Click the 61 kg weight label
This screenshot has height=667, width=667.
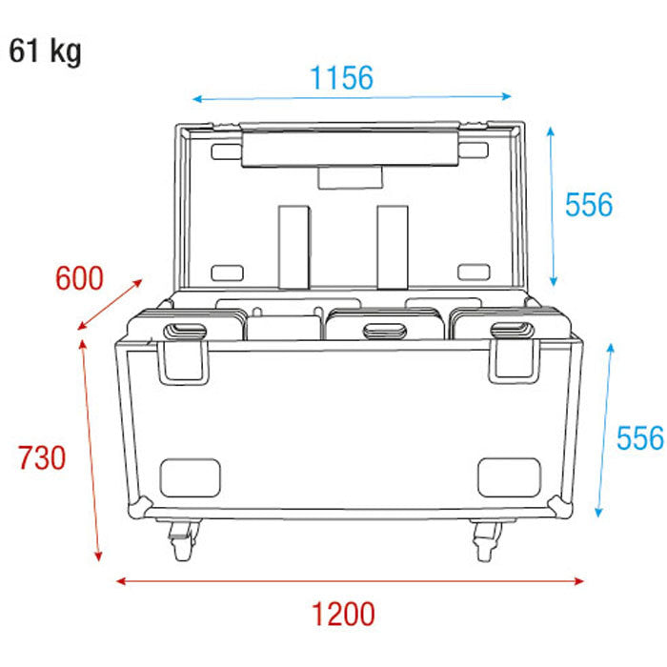[x=45, y=51]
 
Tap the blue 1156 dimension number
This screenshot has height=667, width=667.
[x=341, y=78]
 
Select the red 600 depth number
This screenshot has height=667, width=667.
[x=78, y=279]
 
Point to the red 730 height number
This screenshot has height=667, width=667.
[x=42, y=458]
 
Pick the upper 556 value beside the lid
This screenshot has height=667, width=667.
[x=588, y=204]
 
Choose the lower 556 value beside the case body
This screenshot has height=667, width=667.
[x=637, y=438]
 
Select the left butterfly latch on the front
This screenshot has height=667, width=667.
[x=184, y=352]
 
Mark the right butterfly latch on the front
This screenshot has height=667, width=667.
[x=514, y=352]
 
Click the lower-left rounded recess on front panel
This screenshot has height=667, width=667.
[x=191, y=476]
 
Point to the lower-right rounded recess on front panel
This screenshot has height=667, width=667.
[x=509, y=476]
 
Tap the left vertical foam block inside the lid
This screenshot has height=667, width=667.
[x=294, y=245]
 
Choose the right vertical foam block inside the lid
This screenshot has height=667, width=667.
[x=392, y=245]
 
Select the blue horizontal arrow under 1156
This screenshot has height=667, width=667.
[x=352, y=97]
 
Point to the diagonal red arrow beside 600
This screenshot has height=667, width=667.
[x=110, y=305]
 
